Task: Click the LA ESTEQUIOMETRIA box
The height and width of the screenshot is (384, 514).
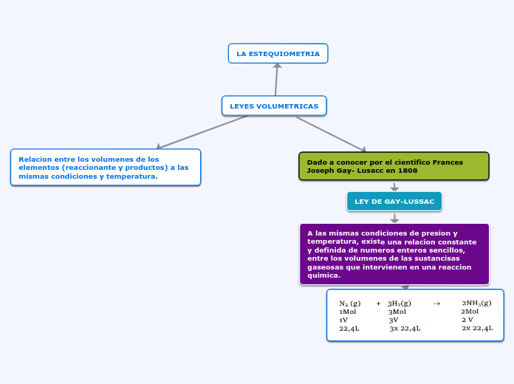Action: (x=278, y=54)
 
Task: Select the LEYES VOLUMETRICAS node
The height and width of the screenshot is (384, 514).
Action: (x=274, y=106)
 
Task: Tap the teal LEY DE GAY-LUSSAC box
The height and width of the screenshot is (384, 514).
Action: (x=394, y=202)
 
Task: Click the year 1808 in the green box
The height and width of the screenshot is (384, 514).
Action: (x=407, y=171)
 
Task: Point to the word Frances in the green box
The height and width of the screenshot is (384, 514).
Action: (x=448, y=162)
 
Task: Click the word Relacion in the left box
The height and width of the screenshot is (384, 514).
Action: (x=35, y=159)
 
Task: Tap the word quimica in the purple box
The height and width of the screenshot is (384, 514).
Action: (x=323, y=275)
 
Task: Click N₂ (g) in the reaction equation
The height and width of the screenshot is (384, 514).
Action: (x=350, y=303)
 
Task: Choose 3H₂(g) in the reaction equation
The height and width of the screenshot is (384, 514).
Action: (x=399, y=303)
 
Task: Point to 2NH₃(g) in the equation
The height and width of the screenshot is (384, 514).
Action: (x=476, y=303)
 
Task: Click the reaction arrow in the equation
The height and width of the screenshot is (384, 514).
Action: (x=436, y=303)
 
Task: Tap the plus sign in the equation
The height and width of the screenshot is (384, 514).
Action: (x=378, y=303)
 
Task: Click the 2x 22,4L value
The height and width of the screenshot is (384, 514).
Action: (x=477, y=328)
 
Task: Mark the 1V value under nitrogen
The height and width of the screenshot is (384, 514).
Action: (x=343, y=320)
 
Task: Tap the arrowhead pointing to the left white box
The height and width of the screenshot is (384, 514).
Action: (x=158, y=146)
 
